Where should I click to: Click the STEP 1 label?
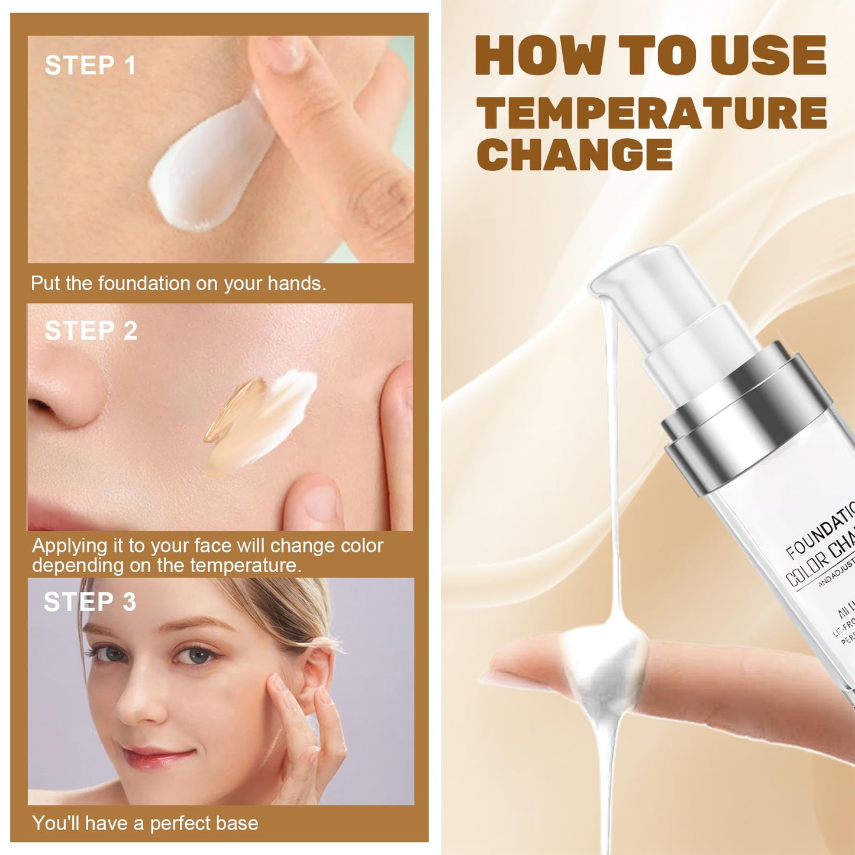pos(91,65)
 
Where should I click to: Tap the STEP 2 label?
pos(91,331)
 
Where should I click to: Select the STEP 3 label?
pos(90,602)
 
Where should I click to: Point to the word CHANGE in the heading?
pos(575,155)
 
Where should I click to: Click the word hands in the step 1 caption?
pos(295,283)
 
